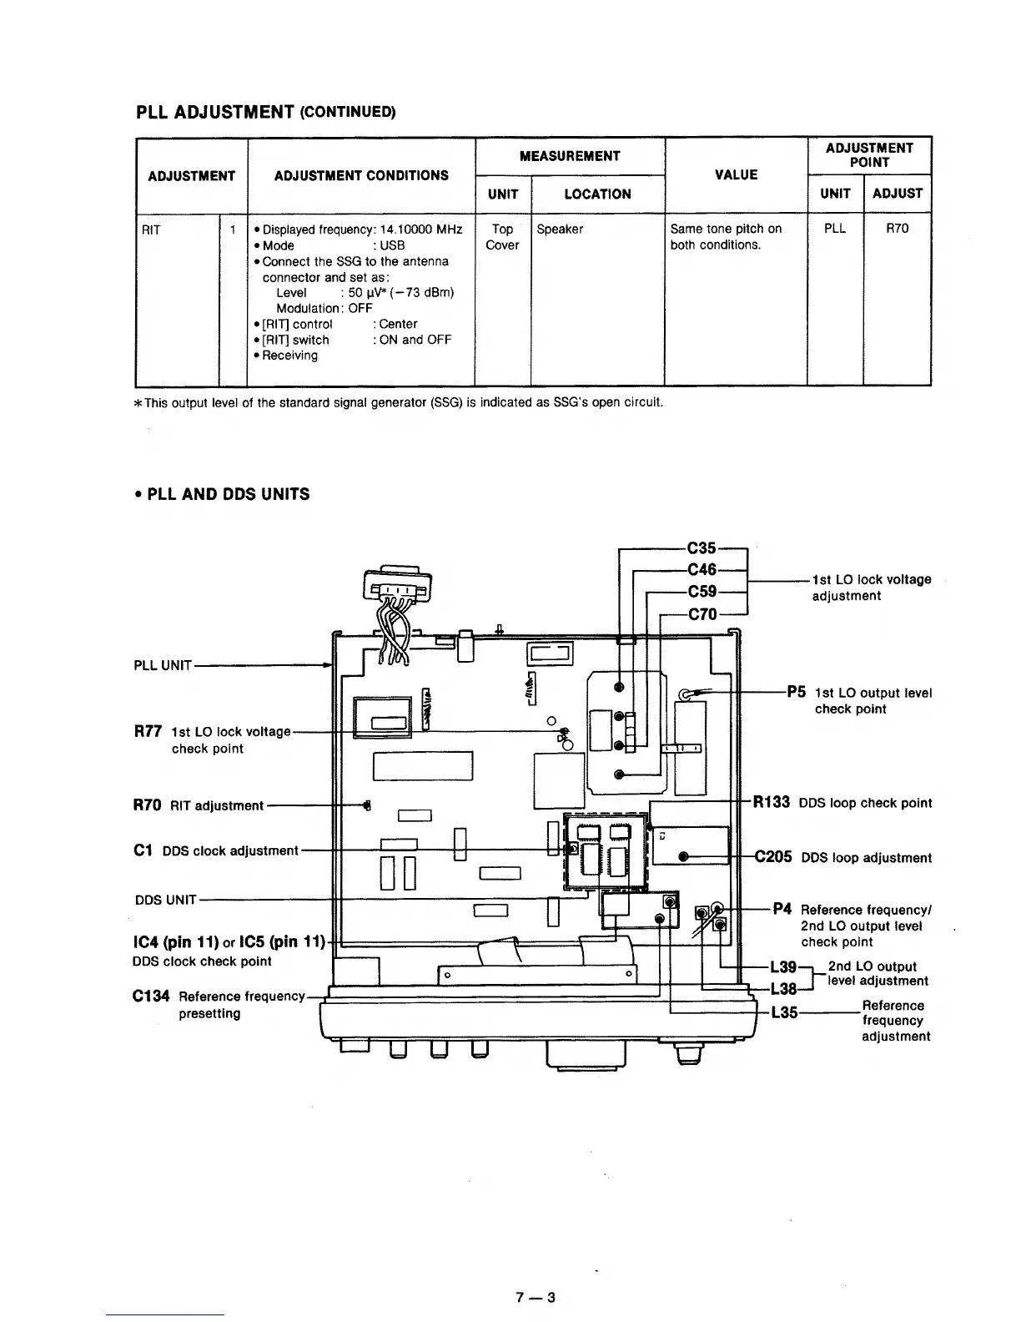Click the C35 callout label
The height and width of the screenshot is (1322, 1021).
click(702, 548)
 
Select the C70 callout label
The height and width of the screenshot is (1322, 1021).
click(702, 615)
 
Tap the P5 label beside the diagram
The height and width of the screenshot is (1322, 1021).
click(796, 692)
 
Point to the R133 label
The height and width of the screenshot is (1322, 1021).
click(772, 803)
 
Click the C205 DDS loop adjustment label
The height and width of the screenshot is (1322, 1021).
click(773, 857)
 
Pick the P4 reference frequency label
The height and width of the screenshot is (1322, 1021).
click(782, 910)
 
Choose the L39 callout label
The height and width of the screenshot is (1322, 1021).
click(783, 967)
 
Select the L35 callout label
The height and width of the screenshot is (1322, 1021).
click(783, 1013)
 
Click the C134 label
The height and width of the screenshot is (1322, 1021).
click(151, 997)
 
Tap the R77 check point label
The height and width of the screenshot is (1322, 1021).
click(147, 732)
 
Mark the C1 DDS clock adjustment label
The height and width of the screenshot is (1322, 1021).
click(142, 850)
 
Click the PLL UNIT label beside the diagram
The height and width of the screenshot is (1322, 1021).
click(163, 665)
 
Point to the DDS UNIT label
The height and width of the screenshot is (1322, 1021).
click(165, 900)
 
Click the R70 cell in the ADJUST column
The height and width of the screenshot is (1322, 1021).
click(897, 229)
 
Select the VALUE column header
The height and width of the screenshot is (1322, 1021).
click(737, 174)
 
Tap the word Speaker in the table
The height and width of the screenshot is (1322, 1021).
click(560, 229)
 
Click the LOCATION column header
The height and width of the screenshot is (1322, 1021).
click(597, 194)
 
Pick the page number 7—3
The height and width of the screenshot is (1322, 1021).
click(536, 1298)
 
